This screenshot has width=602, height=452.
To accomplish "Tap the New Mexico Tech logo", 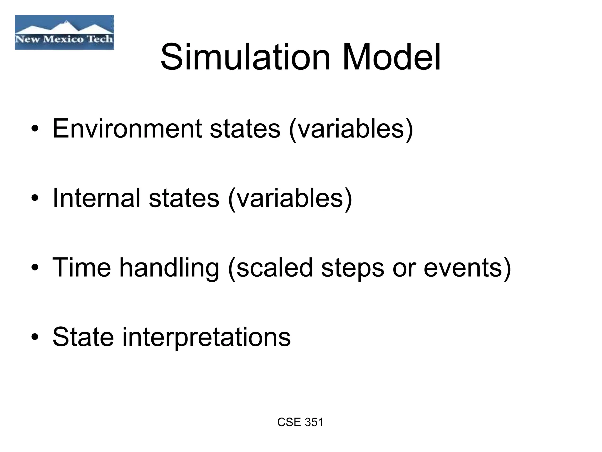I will tap(64, 32).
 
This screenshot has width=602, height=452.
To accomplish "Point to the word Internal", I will tap(96, 198).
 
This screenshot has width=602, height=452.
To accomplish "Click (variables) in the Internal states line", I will tap(290, 198).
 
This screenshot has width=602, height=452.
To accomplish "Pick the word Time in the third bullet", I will tap(81, 267).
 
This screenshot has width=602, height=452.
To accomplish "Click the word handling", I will tap(169, 268).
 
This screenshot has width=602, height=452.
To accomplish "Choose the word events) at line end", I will tap(467, 268).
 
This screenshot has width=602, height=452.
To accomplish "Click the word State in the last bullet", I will tap(83, 337).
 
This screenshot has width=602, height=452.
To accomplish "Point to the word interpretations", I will tap(206, 337).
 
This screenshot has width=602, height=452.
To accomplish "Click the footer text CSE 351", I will tap(300, 422).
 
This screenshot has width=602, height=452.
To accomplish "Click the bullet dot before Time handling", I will tap(35, 268).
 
